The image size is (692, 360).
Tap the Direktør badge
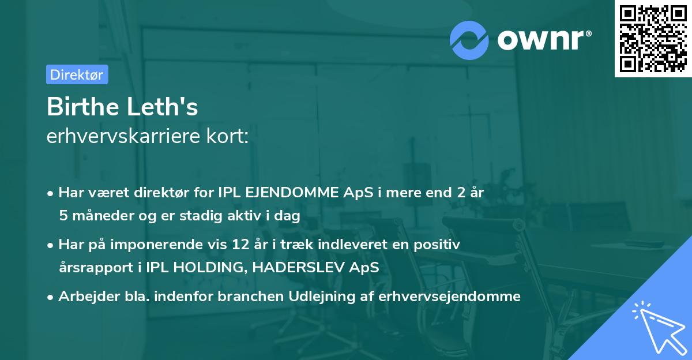click(77, 74)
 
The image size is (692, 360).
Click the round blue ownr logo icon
click(469, 40)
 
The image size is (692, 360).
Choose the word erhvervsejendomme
click(450, 297)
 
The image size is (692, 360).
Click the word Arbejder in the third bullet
click(84, 297)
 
